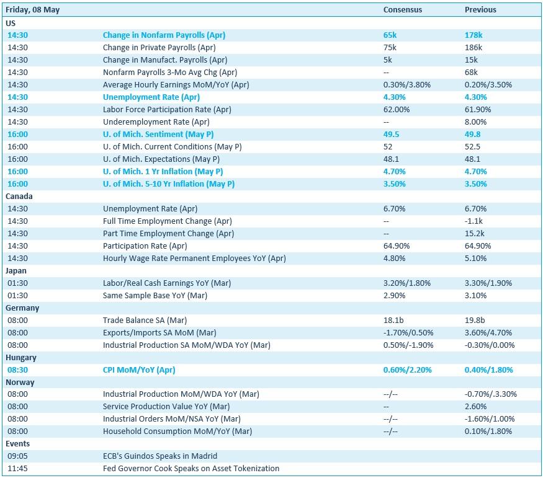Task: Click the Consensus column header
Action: click(x=402, y=10)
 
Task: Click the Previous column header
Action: click(x=480, y=10)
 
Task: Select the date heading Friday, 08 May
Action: click(x=32, y=10)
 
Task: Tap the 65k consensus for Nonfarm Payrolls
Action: click(x=390, y=35)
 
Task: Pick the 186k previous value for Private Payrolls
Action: click(x=473, y=47)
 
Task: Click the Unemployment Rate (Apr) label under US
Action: click(x=151, y=97)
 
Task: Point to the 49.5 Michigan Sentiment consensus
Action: click(x=392, y=134)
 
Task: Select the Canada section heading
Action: click(x=19, y=196)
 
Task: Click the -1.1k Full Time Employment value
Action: click(x=473, y=221)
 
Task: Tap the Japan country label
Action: click(x=16, y=271)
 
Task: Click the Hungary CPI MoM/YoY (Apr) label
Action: click(x=139, y=370)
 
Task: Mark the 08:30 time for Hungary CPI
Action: click(x=17, y=370)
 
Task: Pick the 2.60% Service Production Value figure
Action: click(x=476, y=407)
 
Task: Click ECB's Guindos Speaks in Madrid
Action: click(x=160, y=456)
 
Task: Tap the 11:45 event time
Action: click(x=17, y=468)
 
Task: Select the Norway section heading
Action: click(x=20, y=382)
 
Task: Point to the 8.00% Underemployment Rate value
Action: click(x=476, y=122)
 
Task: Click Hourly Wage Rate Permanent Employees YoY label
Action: click(x=194, y=259)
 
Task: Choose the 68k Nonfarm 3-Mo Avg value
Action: click(x=471, y=73)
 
